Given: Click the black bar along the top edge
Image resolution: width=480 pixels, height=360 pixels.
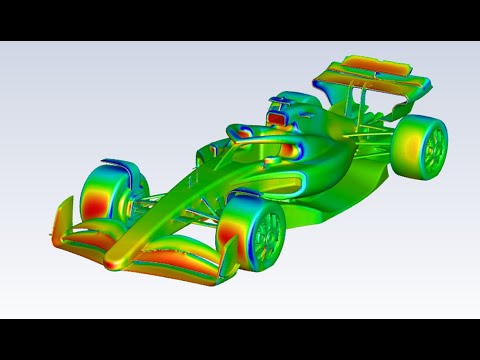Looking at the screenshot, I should pyautogui.click(x=240, y=20).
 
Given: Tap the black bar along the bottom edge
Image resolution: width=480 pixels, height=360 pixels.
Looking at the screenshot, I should pyautogui.click(x=240, y=340).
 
